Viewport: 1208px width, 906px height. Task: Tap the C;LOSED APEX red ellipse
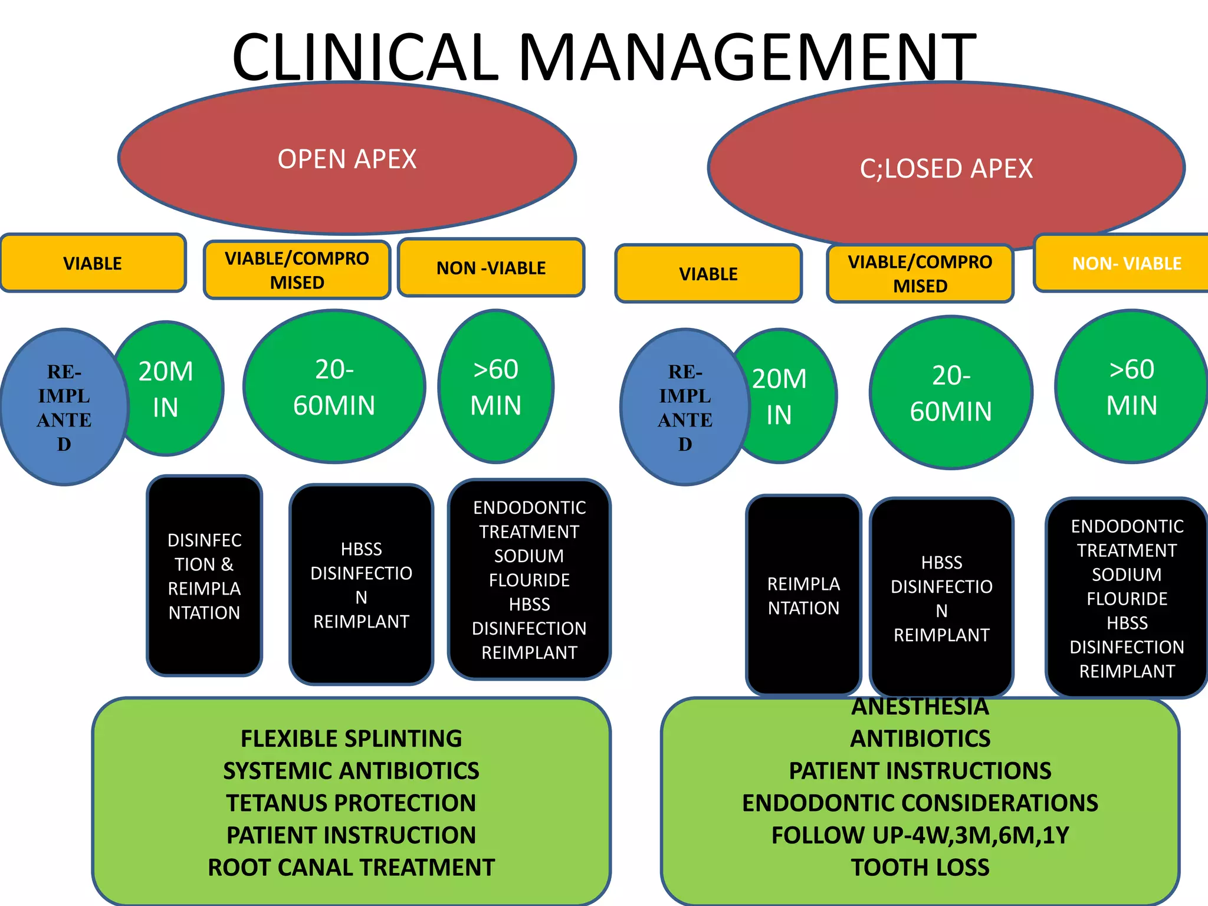946,169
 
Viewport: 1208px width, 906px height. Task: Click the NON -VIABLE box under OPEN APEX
491,268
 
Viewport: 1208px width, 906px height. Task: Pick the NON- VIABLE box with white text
1126,263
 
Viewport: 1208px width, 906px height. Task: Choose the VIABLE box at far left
93,263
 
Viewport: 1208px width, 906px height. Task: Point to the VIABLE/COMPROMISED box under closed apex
920,274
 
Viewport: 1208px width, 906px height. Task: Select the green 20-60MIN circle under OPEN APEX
334,387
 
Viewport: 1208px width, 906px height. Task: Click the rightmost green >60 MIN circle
1131,387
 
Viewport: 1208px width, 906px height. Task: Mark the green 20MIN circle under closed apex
787,396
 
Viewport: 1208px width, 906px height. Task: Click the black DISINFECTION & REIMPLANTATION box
204,576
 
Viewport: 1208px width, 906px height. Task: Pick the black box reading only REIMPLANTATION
803,596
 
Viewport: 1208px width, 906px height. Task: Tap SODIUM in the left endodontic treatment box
529,556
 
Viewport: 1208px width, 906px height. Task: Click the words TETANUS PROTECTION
351,803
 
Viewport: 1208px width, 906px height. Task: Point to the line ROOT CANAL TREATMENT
351,867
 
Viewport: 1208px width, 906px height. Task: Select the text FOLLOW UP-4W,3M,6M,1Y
920,835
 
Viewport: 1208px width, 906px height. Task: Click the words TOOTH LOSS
920,867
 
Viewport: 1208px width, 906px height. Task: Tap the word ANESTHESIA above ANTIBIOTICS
920,707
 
